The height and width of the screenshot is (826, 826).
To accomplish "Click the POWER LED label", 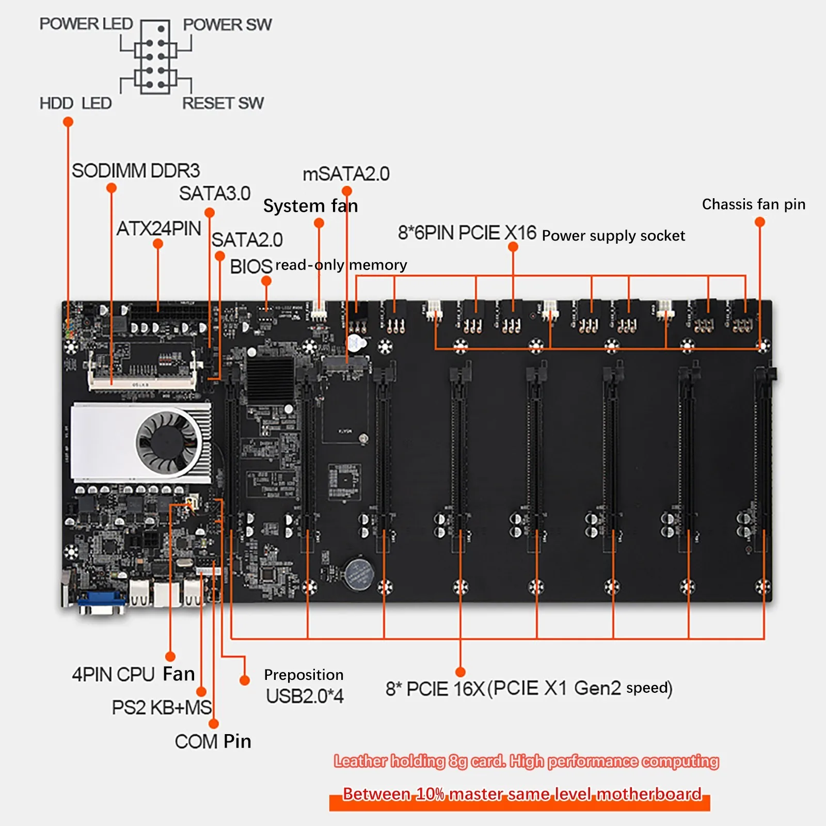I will (86, 24).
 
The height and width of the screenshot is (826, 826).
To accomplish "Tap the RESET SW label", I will (223, 103).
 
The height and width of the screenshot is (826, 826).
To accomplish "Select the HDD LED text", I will (75, 103).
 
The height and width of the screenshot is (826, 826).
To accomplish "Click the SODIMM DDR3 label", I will (135, 171).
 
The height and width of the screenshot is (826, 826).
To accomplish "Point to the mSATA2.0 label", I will (346, 174).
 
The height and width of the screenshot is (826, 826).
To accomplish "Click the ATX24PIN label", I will (158, 228).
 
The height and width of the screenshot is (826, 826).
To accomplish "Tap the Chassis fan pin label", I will (753, 204).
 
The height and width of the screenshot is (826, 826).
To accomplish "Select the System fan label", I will (310, 206).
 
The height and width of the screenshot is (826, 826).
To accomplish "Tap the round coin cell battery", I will (359, 573).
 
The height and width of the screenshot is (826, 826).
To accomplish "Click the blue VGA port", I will (102, 600).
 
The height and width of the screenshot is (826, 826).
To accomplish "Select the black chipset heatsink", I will (269, 379).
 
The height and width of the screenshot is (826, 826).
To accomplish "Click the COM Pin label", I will (213, 741).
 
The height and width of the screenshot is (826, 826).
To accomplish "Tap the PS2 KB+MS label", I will (162, 707).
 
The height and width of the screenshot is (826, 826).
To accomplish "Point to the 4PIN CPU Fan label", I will (133, 674).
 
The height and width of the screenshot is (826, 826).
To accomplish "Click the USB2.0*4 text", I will (305, 696).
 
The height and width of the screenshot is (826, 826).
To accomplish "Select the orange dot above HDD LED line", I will (68, 122).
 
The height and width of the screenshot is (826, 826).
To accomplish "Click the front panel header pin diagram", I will (155, 57).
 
